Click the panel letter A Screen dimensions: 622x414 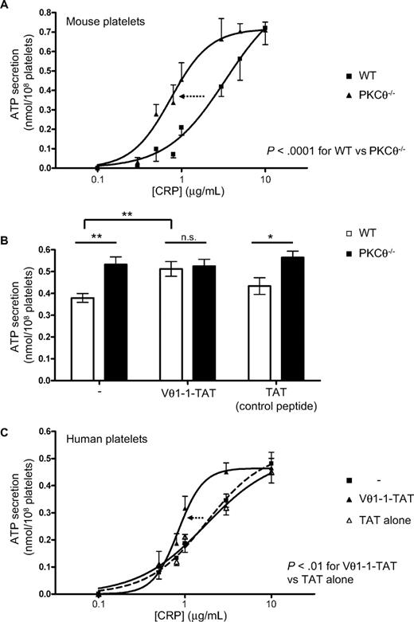pyautogui.click(x=6, y=7)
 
